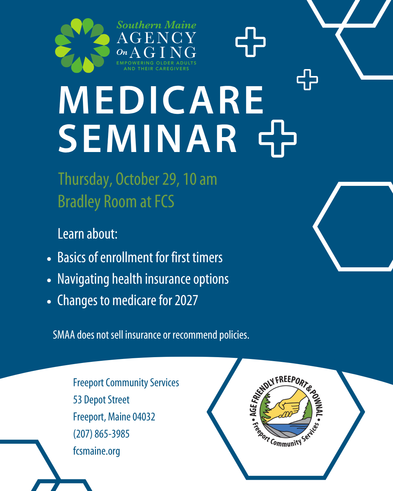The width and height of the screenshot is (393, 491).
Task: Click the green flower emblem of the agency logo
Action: point(82,45)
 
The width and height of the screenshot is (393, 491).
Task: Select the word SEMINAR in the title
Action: point(147,139)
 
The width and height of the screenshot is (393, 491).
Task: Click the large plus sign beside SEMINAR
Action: point(278,139)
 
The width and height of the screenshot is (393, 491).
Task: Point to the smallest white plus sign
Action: point(307,80)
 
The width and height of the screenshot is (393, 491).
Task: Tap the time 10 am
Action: point(200,179)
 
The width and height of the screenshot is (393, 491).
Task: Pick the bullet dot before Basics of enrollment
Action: point(49,259)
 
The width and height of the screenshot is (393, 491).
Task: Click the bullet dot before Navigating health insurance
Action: point(49,280)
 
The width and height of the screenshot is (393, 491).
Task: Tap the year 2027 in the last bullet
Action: point(186,300)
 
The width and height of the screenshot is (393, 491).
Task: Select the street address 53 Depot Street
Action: point(101,400)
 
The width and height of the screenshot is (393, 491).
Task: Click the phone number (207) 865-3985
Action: point(101,434)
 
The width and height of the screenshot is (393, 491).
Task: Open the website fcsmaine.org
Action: point(96,451)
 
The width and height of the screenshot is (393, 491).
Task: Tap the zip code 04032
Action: point(144,417)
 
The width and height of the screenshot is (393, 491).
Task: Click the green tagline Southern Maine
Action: point(156,25)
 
